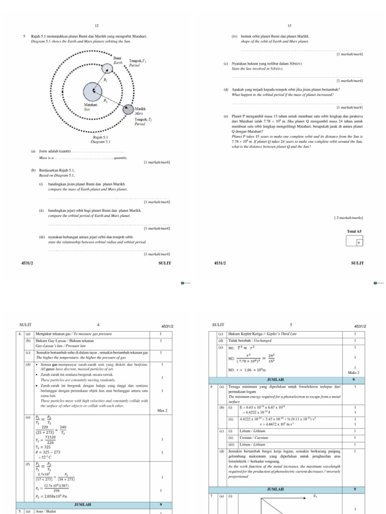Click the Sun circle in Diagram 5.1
[x=92, y=92]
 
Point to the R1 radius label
[x=105, y=80]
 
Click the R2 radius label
[x=105, y=101]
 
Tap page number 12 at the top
[x=95, y=26]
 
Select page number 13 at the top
[x=289, y=26]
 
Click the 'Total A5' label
[x=354, y=231]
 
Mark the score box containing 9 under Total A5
[x=358, y=242]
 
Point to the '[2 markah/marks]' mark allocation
[x=348, y=218]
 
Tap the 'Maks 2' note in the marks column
[x=354, y=373]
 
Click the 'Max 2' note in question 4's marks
[x=162, y=411]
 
